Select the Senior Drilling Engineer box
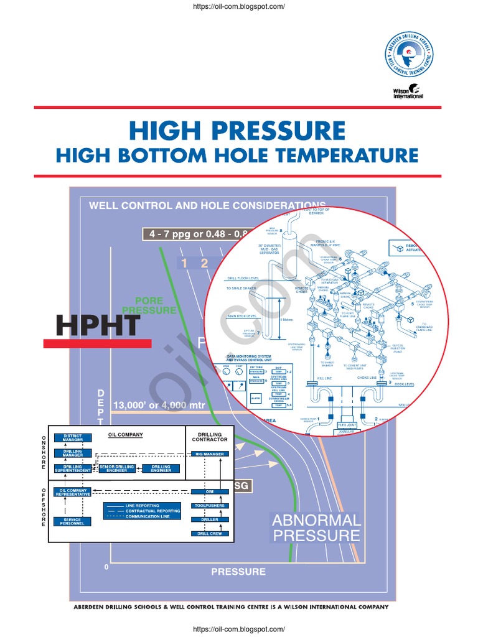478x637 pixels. click(117, 468)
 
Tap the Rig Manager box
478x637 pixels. click(210, 455)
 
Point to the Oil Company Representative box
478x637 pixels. click(73, 492)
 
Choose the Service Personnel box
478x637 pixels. click(73, 522)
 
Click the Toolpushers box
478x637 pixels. click(209, 506)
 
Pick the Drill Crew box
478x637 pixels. click(209, 533)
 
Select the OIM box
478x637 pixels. click(209, 491)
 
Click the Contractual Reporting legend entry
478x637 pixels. click(152, 511)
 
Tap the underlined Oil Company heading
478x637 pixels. click(126, 435)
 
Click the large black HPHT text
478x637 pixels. click(98, 325)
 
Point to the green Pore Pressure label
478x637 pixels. click(149, 305)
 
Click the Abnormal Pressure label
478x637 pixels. click(316, 528)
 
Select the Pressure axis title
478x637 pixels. click(238, 572)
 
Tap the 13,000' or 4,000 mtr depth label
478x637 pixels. click(158, 406)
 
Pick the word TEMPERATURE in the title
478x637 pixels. click(334, 155)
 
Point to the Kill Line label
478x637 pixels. click(325, 378)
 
